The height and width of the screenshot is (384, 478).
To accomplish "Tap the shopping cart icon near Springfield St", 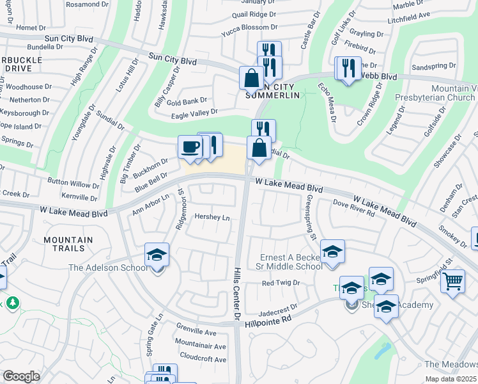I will [x=452, y=280].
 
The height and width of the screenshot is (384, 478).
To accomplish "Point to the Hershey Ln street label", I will [x=212, y=218].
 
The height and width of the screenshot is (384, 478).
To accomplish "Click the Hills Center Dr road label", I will [x=236, y=294].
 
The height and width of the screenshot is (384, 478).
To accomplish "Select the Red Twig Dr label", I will [x=281, y=283].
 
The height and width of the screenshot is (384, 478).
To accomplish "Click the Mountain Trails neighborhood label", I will [x=68, y=244].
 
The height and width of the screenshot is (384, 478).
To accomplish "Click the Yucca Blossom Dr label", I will [x=249, y=28].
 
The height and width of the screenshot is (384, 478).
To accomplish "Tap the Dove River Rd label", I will [x=353, y=207].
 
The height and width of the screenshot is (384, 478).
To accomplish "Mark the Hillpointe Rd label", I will [x=268, y=321].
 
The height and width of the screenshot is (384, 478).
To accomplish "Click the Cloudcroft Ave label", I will [x=203, y=359].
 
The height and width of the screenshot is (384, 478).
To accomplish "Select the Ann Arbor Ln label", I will [x=150, y=205].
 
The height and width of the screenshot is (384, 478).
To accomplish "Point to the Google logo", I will [x=21, y=376].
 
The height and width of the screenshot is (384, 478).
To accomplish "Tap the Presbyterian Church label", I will [x=443, y=98].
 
